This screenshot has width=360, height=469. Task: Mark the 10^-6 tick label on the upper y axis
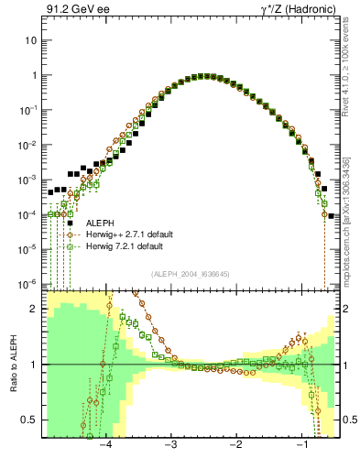tap(27, 283)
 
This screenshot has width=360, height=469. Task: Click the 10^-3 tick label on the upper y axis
tap(27, 180)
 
